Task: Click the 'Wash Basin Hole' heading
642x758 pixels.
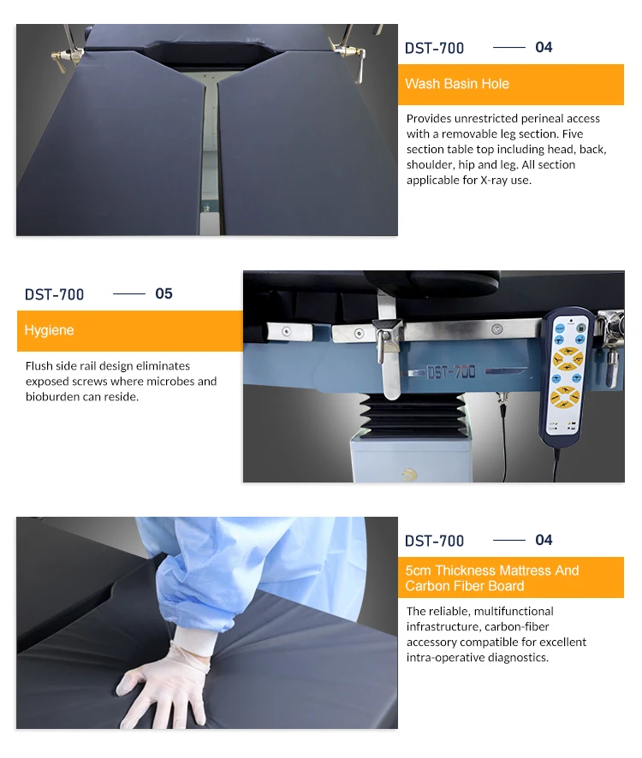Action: pyautogui.click(x=457, y=84)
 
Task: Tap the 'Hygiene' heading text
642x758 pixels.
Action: pyautogui.click(x=50, y=330)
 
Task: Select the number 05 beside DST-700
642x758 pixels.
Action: pyautogui.click(x=163, y=293)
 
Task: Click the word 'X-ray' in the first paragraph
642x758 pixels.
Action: pyautogui.click(x=494, y=180)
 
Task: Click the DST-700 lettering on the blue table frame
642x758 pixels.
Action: pyautogui.click(x=451, y=372)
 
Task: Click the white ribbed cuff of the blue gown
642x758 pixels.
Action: pyautogui.click(x=194, y=641)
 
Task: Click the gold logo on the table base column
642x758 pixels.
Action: pyautogui.click(x=410, y=475)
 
